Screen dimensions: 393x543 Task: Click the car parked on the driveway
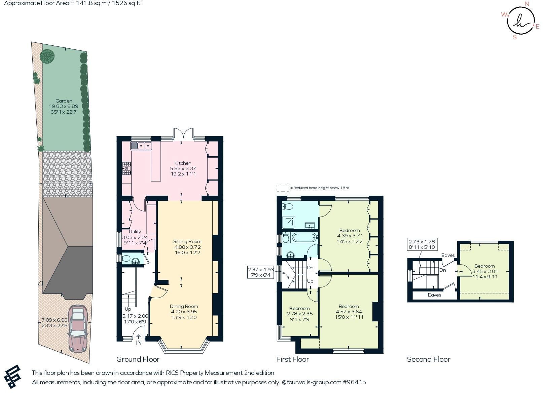click(78, 328)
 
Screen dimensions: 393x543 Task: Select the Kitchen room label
click(183, 163)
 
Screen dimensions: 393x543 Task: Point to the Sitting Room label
click(187, 241)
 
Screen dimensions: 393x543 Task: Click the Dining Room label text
click(184, 306)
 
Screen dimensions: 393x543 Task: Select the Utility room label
click(135, 232)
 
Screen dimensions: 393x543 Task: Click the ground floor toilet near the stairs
click(126, 259)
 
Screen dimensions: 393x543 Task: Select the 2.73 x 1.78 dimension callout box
click(422, 244)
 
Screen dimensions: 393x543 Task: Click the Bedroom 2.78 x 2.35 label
click(299, 308)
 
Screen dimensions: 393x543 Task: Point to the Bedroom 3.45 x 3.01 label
click(484, 266)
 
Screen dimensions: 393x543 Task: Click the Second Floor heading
click(428, 359)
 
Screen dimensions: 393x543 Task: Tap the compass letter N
click(527, 4)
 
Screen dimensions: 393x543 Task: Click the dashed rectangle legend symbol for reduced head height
click(283, 188)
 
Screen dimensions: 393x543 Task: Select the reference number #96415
click(354, 382)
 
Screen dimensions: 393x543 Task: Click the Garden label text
click(64, 101)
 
